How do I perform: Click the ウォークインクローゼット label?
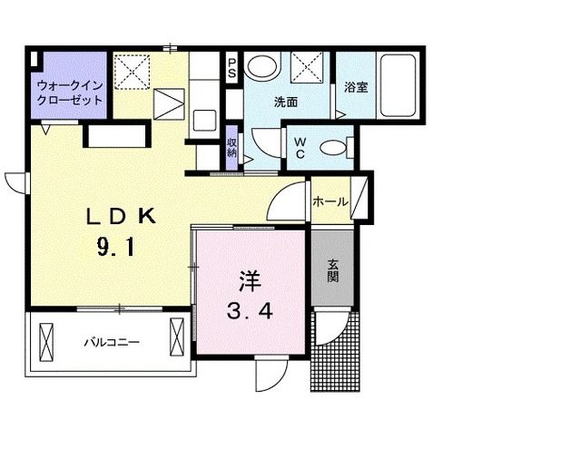(69, 93)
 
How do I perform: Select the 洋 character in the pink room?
(250, 278)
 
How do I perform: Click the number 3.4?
(251, 312)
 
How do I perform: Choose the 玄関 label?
(333, 269)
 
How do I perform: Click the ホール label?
(330, 202)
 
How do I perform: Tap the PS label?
(231, 67)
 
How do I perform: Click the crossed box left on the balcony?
(48, 342)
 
